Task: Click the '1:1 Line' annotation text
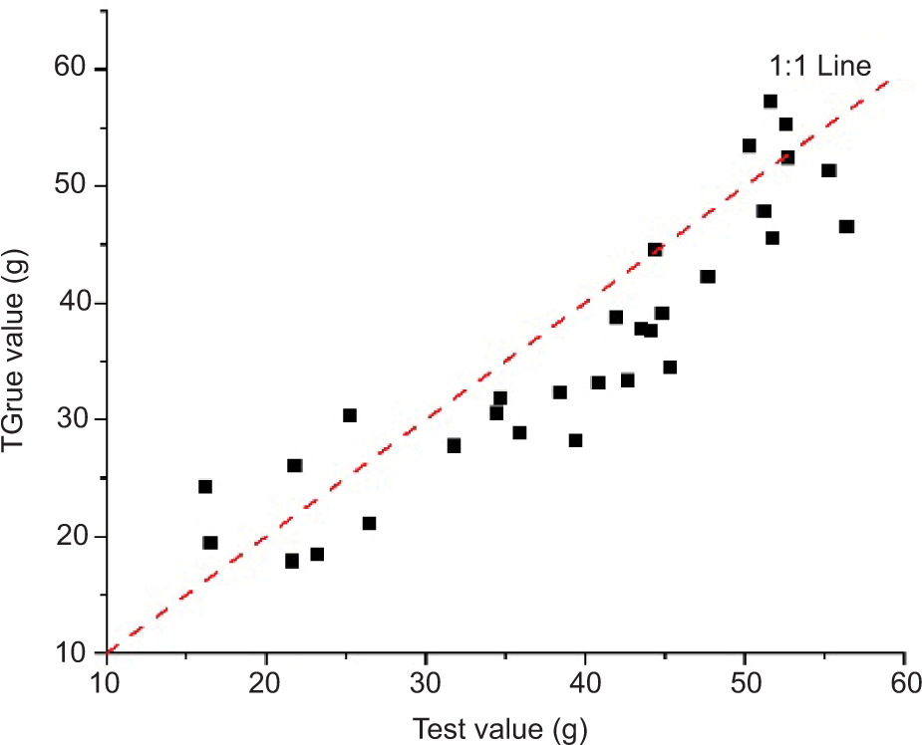point(820,67)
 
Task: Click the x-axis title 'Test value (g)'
point(503,728)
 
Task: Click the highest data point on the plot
point(770,102)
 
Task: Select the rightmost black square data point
point(846,226)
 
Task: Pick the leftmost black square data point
point(205,486)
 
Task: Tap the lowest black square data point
point(292,561)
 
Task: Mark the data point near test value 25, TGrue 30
point(350,415)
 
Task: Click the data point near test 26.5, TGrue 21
point(369,523)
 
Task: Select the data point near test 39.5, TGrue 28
point(575,440)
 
